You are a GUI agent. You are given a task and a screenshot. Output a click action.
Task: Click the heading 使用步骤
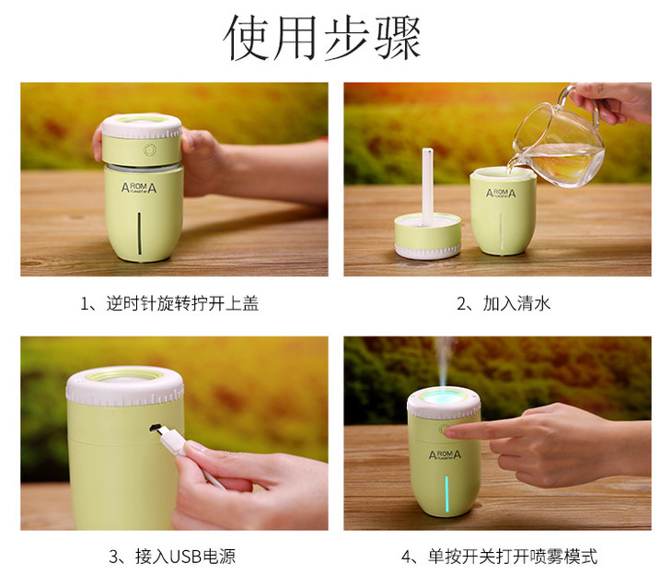point(322,38)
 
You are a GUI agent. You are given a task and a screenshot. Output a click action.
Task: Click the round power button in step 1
point(149,150)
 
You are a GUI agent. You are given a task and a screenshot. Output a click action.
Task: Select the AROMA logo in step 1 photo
point(139,187)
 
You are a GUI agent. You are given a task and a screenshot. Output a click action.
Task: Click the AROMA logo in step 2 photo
point(501,193)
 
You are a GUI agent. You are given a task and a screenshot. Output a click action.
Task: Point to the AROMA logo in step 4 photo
point(445,455)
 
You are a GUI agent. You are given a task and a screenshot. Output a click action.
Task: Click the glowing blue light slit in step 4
point(446,494)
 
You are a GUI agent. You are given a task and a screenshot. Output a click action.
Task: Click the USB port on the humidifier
point(154,427)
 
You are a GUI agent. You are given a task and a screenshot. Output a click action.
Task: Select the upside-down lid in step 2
point(428,236)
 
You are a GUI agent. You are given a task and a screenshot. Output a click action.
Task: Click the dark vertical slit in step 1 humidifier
point(139,231)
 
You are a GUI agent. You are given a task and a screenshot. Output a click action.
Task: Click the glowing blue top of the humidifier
point(444,399)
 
